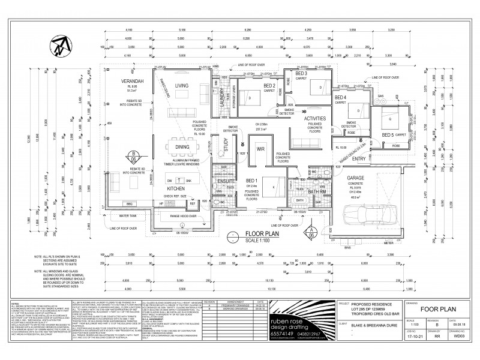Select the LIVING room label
(181, 86)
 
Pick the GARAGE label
(354, 178)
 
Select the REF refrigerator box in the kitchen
(193, 204)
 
